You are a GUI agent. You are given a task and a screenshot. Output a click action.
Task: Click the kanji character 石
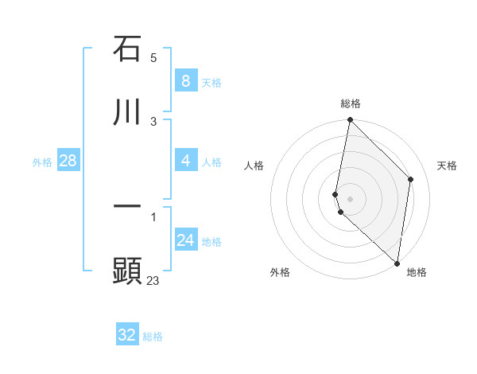point(127,49)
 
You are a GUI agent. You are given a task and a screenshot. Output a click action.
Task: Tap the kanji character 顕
point(127,270)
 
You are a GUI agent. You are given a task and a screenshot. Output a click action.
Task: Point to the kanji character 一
point(127,206)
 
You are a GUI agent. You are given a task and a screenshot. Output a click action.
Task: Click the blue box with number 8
point(185,80)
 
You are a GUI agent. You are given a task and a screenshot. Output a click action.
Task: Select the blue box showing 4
point(185,161)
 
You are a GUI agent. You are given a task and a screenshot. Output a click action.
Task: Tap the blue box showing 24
point(185,240)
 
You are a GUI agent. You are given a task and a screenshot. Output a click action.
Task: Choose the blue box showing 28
point(68,161)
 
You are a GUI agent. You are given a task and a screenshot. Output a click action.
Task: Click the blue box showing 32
point(127,335)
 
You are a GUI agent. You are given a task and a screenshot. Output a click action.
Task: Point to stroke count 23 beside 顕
point(153,280)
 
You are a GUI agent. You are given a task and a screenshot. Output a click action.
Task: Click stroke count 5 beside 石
point(153,58)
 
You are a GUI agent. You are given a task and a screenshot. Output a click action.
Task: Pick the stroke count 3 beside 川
point(153,121)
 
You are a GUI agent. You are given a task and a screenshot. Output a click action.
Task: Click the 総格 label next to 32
point(153,337)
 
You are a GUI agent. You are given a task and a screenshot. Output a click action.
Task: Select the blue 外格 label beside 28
point(42,162)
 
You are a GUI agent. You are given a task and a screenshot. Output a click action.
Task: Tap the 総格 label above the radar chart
point(351,103)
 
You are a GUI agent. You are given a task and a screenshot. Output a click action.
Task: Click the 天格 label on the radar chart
point(447,166)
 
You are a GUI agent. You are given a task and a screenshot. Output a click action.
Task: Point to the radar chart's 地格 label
point(417,272)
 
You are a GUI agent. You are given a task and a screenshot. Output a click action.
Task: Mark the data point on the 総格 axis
point(350,120)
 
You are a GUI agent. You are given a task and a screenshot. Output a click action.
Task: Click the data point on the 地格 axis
point(397,263)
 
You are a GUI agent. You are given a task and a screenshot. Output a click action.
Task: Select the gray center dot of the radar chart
point(350,199)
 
